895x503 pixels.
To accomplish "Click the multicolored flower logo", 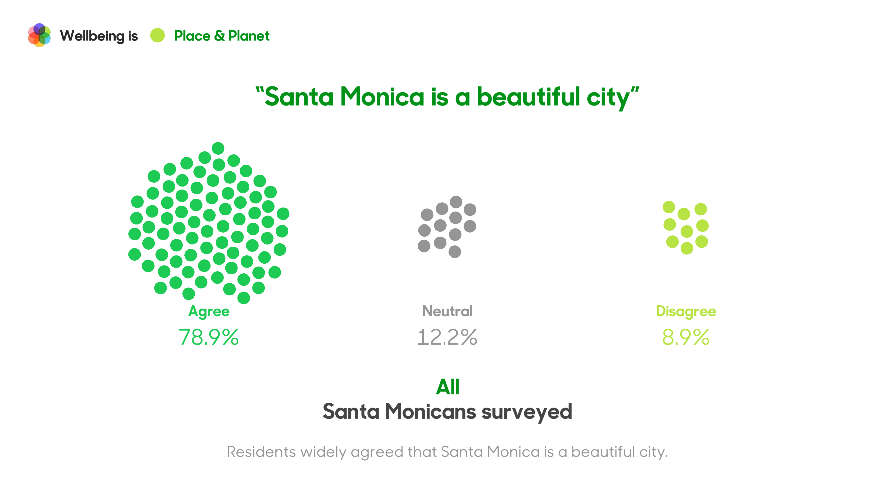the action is pyautogui.click(x=39, y=35).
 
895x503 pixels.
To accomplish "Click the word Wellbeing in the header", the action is pyautogui.click(x=92, y=36).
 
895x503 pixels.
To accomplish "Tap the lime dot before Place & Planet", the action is pyautogui.click(x=157, y=35).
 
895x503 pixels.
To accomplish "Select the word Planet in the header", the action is pyautogui.click(x=249, y=36).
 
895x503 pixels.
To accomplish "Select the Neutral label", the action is pyautogui.click(x=447, y=311).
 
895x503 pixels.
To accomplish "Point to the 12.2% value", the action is pyautogui.click(x=447, y=337).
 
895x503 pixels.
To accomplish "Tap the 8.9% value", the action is pyautogui.click(x=686, y=337).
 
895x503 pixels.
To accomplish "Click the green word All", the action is pyautogui.click(x=447, y=387).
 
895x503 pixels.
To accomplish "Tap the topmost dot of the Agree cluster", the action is pyautogui.click(x=218, y=148).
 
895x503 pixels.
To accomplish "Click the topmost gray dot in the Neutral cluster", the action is pyautogui.click(x=456, y=202).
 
